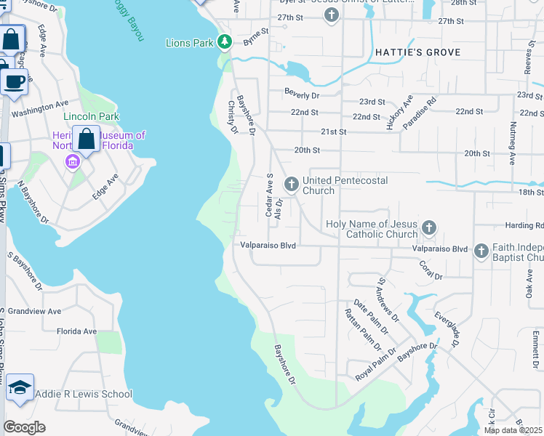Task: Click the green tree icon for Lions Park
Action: tap(225, 42)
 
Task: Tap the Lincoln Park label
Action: tap(91, 116)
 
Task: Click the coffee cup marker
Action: tap(14, 81)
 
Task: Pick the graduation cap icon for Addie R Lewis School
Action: tap(20, 388)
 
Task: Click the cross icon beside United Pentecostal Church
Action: tap(291, 185)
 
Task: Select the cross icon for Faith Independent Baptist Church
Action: tap(481, 251)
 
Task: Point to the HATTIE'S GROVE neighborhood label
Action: tap(418, 52)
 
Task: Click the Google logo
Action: tap(24, 427)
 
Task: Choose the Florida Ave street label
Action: tap(76, 331)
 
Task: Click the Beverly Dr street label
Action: tap(302, 95)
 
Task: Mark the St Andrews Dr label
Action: tap(387, 299)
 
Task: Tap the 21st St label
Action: tap(334, 132)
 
